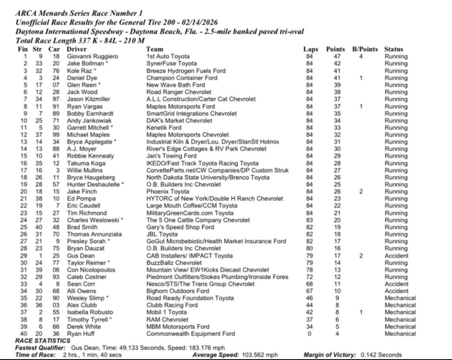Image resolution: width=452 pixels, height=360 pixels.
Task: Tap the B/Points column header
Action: (x=365, y=49)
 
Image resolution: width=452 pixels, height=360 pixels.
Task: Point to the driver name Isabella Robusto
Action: (x=87, y=312)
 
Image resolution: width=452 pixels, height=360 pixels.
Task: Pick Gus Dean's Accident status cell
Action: (x=396, y=256)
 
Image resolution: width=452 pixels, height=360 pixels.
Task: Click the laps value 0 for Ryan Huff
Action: (x=309, y=333)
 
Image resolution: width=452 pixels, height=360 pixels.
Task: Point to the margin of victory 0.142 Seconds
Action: (x=381, y=355)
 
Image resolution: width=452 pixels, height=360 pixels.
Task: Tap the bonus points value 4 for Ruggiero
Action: (x=361, y=57)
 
